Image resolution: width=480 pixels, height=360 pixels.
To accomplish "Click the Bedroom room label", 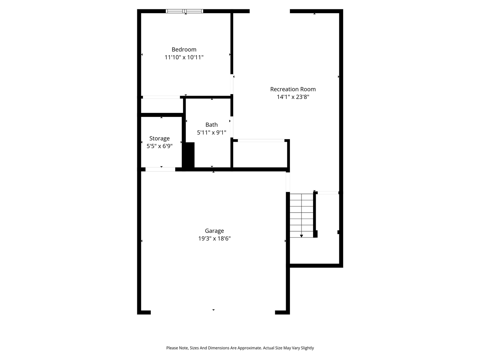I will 184,49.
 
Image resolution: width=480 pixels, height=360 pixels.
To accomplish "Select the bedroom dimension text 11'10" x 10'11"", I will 184,57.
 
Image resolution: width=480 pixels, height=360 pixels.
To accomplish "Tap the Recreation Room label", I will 293,89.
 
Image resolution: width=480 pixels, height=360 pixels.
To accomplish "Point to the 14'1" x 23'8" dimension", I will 293,97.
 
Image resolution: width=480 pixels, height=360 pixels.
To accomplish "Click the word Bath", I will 211,125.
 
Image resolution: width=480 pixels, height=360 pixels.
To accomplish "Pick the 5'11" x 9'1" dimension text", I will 211,132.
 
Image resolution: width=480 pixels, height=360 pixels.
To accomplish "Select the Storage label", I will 159,138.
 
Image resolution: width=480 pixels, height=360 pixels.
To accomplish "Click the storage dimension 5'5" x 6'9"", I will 159,146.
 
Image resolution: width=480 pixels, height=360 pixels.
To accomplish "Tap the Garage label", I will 214,231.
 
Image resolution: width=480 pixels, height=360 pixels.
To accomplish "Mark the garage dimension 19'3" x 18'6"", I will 214,238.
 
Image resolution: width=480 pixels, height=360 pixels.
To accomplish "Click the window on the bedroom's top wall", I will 184,11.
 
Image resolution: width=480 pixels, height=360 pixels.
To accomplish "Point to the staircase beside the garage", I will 301,215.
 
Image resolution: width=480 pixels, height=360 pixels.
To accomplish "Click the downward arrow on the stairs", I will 301,235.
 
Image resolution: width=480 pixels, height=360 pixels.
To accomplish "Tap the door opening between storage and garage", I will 160,169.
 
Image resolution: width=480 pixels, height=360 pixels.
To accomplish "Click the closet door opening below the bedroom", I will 161,97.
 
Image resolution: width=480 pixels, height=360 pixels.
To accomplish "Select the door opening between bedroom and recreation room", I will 232,84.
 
